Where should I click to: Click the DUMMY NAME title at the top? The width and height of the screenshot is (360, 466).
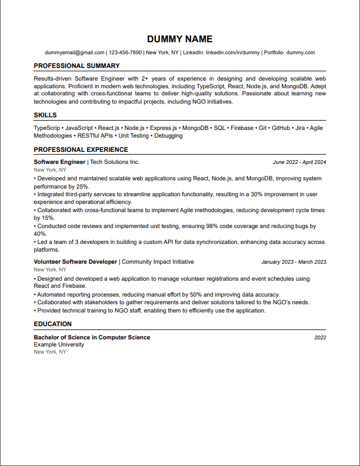point(180,39)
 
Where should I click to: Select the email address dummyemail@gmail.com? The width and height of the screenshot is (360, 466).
point(75,53)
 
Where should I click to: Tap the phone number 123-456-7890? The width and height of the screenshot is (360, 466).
point(125,53)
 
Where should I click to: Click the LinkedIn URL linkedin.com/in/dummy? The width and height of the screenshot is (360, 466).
point(233,53)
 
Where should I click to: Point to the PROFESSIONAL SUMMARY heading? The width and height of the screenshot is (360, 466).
point(77,66)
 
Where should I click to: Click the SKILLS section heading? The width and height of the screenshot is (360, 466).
point(45,115)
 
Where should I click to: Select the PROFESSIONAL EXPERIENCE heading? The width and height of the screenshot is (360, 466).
point(81,150)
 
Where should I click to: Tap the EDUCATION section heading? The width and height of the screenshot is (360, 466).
point(53,324)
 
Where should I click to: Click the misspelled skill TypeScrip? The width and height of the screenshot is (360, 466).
point(47,128)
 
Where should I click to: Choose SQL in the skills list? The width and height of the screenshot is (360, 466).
point(219,128)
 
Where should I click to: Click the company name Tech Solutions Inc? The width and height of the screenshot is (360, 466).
point(115,162)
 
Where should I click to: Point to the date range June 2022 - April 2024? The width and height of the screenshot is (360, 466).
point(299,162)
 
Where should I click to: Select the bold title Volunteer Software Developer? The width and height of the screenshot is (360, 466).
point(76,262)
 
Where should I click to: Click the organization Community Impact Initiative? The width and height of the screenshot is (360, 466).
point(158,262)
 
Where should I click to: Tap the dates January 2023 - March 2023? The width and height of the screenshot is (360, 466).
point(293,262)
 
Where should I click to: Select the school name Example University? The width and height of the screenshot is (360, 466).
point(59,345)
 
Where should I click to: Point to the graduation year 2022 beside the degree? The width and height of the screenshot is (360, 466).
point(320,338)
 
